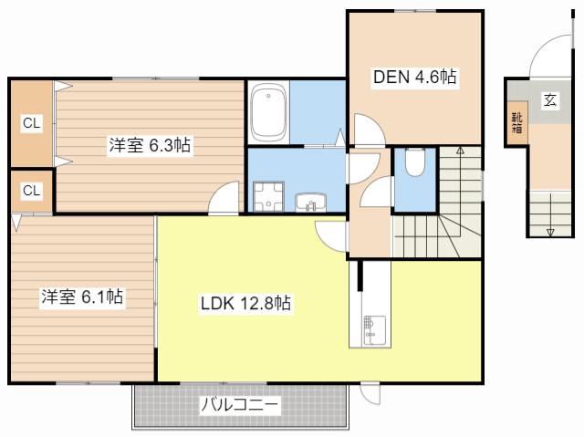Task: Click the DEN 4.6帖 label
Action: pos(414,78)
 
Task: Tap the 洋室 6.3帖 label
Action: pos(151,145)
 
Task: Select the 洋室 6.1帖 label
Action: pos(82,297)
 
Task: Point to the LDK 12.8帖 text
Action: pos(245,304)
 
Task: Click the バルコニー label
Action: pos(239,405)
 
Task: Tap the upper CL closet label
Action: pos(31,123)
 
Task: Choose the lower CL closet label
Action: pos(31,191)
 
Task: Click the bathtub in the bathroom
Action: pos(268,113)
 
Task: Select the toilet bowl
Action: pos(414,163)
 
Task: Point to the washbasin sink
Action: pos(309,200)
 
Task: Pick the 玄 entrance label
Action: pos(550,100)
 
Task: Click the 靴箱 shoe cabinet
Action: pos(517,123)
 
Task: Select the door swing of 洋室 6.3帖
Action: pos(224,198)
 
